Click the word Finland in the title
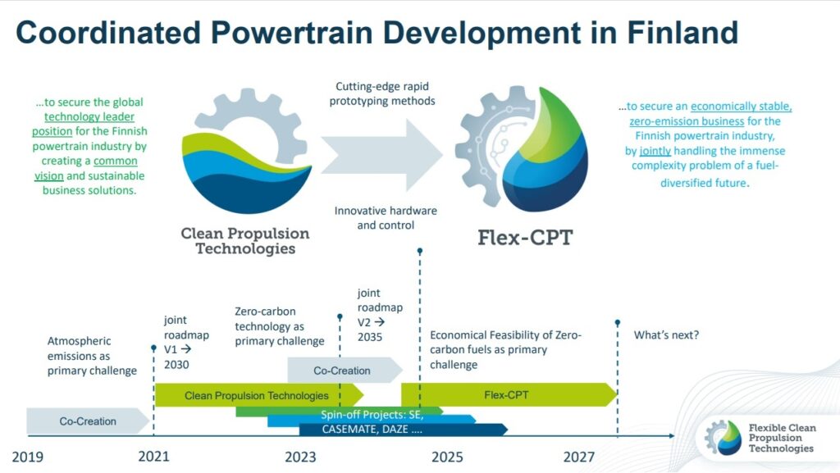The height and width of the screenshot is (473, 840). coord(682,32)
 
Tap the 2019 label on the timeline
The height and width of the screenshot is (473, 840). coord(28,457)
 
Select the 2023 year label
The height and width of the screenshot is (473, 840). coord(300,457)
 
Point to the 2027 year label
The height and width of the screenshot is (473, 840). coord(579,457)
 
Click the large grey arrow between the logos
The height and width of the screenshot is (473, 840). coord(381,155)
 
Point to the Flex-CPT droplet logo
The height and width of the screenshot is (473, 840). coord(523,149)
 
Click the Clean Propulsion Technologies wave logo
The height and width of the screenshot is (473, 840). coord(247,152)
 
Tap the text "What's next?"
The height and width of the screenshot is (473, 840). coord(666,335)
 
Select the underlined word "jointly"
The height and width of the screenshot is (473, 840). coord(655,151)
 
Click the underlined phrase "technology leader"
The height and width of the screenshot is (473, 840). coord(89,116)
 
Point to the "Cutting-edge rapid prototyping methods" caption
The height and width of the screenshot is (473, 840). coord(382,93)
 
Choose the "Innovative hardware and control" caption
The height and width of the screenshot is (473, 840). coord(386,218)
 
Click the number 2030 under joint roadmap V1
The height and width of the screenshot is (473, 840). coord(176,364)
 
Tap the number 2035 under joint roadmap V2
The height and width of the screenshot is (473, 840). coord(370,337)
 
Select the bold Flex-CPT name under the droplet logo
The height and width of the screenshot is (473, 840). coord(526,238)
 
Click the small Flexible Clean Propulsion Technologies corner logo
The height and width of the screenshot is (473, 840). coord(760,438)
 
